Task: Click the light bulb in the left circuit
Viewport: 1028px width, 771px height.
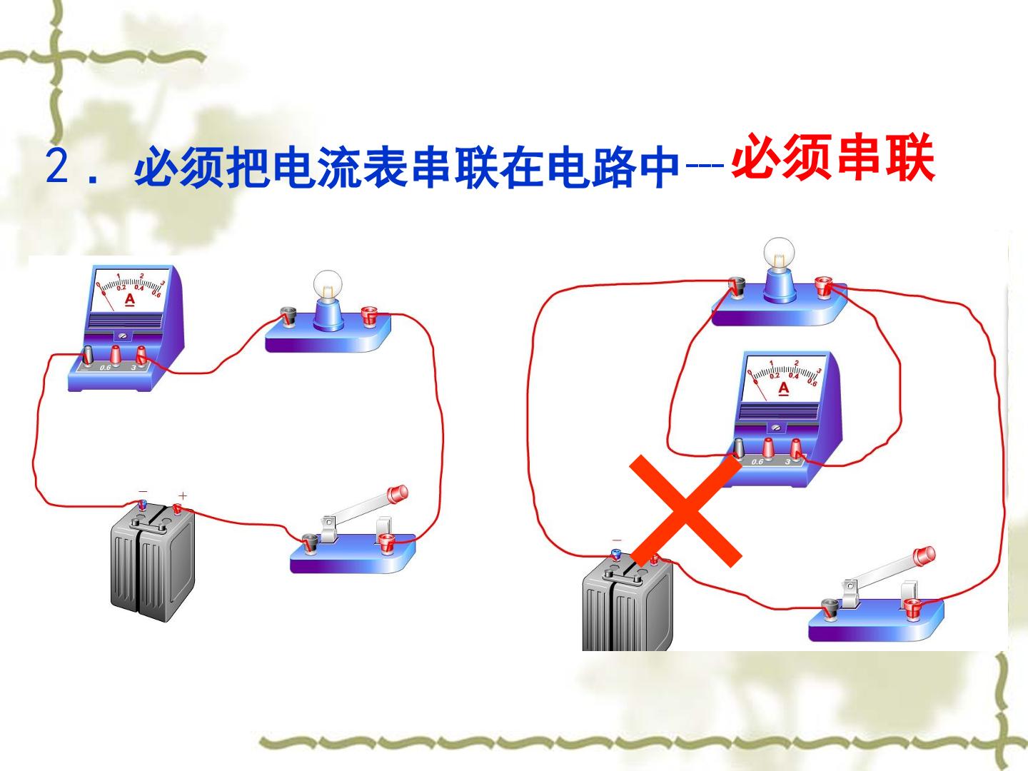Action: [328, 286]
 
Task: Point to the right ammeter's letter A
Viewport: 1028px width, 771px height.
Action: [783, 389]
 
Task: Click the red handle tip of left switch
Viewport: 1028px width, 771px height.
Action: [398, 493]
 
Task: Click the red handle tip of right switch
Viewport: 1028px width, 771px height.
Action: [924, 555]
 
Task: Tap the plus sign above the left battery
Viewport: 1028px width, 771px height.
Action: [183, 495]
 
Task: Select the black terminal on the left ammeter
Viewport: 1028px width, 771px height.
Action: [89, 355]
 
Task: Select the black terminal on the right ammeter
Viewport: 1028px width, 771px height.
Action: [739, 448]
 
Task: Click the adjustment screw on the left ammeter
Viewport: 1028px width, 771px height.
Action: [124, 336]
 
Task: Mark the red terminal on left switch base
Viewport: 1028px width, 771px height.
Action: [386, 543]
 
